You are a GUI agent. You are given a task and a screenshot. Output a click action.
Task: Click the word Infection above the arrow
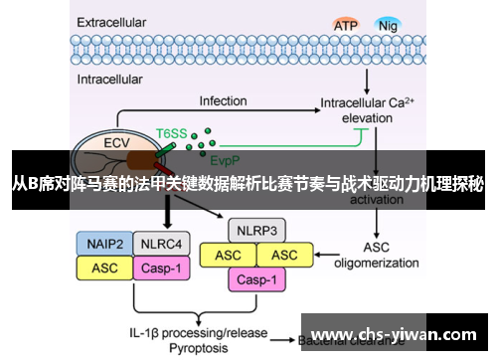[224, 101]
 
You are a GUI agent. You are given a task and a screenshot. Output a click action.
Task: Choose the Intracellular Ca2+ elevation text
[372, 109]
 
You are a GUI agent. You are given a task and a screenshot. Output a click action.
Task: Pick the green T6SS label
[171, 131]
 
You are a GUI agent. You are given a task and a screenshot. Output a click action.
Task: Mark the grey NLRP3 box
[256, 232]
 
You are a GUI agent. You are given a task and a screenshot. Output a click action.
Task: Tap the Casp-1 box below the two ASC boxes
[256, 279]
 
